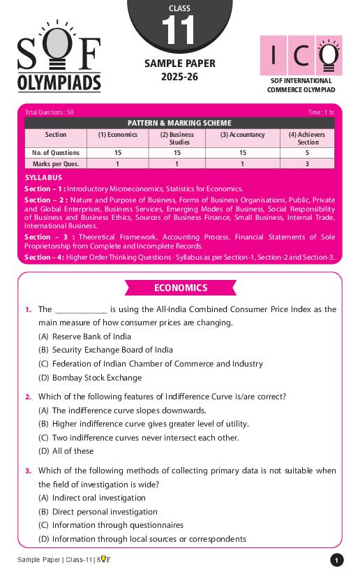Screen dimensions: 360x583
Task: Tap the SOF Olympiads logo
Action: pyautogui.click(x=59, y=64)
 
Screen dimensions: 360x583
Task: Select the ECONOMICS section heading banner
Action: pyautogui.click(x=180, y=288)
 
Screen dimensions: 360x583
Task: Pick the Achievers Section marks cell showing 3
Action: pyautogui.click(x=308, y=163)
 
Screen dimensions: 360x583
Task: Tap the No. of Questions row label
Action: pyautogui.click(x=56, y=152)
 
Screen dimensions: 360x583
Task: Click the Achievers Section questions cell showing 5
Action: pyautogui.click(x=308, y=152)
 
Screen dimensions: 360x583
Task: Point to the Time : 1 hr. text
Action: pyautogui.click(x=321, y=112)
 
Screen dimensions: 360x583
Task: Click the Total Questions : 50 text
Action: pyautogui.click(x=49, y=112)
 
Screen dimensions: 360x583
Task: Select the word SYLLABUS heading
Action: pyautogui.click(x=43, y=178)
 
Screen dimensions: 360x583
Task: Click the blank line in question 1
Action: pyautogui.click(x=81, y=309)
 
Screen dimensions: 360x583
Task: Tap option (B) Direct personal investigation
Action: pyautogui.click(x=98, y=512)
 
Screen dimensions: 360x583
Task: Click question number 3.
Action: pyautogui.click(x=28, y=471)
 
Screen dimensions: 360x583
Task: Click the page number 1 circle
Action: pyautogui.click(x=337, y=560)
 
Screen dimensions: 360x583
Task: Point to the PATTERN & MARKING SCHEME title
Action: pyautogui.click(x=179, y=123)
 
